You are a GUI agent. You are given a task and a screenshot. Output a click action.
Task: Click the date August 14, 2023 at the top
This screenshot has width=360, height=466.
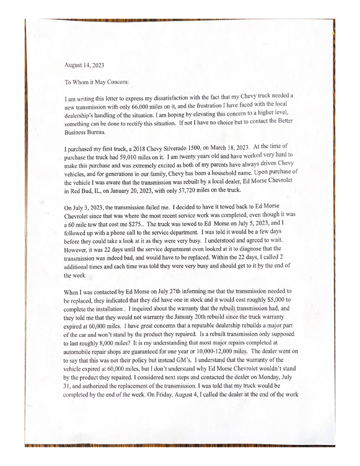84,65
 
